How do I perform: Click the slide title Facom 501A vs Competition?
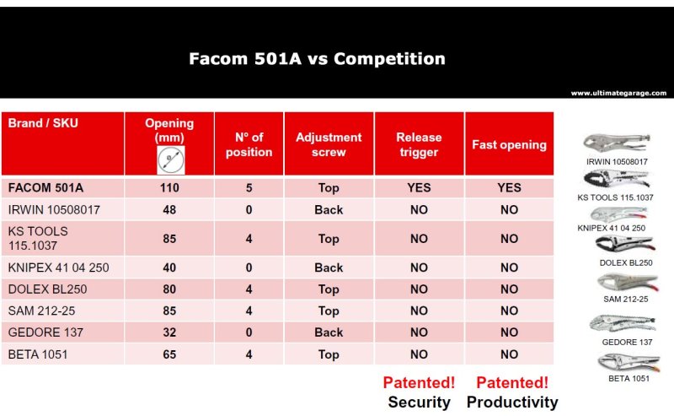click(x=318, y=58)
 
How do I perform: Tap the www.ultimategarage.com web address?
click(x=618, y=93)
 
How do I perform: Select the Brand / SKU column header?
click(x=43, y=123)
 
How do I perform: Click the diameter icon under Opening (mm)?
click(x=171, y=159)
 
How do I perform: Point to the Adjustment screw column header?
click(x=329, y=144)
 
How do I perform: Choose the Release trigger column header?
click(x=419, y=144)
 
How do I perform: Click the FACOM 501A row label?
click(x=45, y=188)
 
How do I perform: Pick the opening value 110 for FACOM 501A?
click(x=169, y=188)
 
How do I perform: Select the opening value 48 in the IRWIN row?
click(x=169, y=210)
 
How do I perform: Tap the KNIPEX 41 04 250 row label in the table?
click(x=58, y=267)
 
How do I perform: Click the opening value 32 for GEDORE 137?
click(x=169, y=332)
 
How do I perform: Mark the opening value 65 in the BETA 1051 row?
click(x=169, y=354)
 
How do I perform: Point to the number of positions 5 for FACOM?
click(x=249, y=188)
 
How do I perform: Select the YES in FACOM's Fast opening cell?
click(x=510, y=188)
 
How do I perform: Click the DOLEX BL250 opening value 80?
click(x=169, y=289)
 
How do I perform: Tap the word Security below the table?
click(x=419, y=402)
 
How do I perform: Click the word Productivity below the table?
click(x=512, y=402)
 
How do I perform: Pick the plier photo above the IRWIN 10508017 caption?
click(x=617, y=143)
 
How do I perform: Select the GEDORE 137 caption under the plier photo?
click(x=627, y=342)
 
